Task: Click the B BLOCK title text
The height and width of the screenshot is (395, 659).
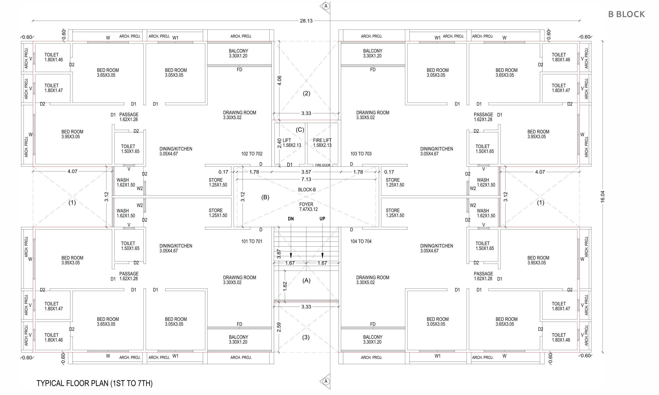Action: (626, 14)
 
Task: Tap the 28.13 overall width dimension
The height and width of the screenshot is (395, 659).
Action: (306, 21)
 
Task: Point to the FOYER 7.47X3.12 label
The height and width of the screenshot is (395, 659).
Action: (308, 207)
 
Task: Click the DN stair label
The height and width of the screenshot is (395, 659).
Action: (291, 219)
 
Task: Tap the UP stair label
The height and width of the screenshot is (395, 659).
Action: (322, 219)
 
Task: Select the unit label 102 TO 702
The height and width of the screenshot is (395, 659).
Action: (252, 154)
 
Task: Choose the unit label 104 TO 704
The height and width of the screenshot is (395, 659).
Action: (361, 241)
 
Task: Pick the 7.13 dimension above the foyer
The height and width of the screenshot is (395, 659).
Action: (306, 179)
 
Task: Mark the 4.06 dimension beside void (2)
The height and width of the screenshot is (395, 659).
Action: (279, 81)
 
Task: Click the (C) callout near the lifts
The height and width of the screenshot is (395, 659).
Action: (300, 130)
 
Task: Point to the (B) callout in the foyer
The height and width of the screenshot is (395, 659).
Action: (265, 197)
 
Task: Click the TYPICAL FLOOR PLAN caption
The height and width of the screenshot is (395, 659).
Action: (94, 383)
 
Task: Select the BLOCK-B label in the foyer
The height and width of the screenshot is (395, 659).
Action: (307, 190)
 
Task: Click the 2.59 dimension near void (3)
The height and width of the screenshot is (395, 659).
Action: (279, 327)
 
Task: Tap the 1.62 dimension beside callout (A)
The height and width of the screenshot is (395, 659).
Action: (285, 286)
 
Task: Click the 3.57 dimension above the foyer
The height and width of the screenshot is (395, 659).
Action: (306, 172)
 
